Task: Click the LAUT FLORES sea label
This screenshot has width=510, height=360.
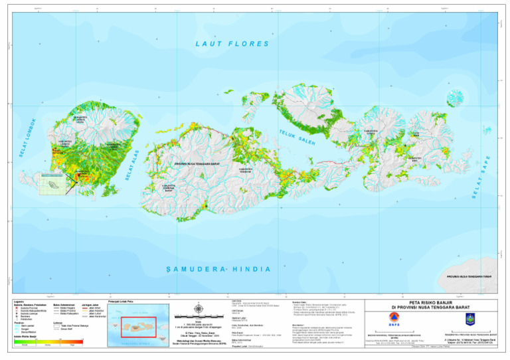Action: point(232,44)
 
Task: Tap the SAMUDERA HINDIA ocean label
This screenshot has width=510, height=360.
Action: point(218,269)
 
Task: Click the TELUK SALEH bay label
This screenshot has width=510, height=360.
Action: point(297,137)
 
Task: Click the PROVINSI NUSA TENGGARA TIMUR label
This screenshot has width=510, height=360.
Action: point(468,276)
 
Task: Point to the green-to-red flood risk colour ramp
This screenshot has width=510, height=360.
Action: point(50,341)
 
